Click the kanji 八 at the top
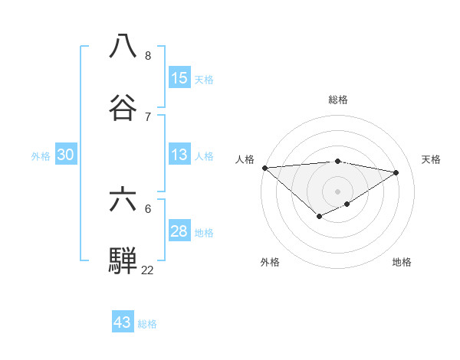[124, 45]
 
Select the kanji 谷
[124, 106]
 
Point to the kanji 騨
[124, 260]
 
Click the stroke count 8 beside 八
[148, 55]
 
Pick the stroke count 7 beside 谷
[148, 116]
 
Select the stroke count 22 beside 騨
[147, 270]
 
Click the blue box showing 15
[179, 78]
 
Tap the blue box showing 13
[179, 155]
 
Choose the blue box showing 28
[179, 231]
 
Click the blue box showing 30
[66, 155]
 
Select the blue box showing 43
[123, 322]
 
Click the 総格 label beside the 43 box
[147, 324]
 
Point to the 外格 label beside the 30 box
[41, 156]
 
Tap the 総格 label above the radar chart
[338, 100]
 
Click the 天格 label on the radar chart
[432, 159]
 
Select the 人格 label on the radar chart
[245, 159]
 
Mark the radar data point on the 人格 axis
[264, 167]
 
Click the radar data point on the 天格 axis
[396, 172]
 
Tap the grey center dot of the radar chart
[338, 191]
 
